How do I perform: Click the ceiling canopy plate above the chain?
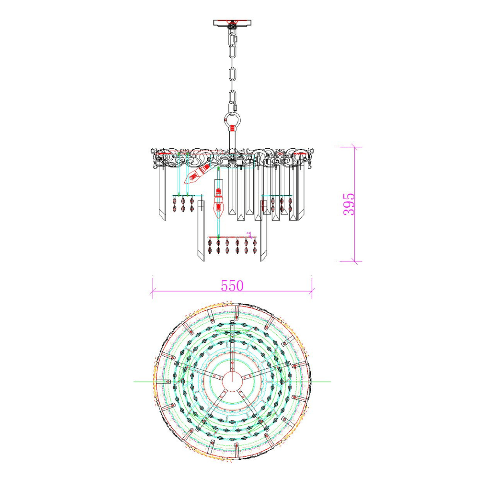click(232, 22)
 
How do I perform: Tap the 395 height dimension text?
click(349, 204)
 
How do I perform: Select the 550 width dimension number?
click(232, 285)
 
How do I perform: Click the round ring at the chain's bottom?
click(232, 119)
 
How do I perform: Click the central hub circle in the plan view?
click(232, 381)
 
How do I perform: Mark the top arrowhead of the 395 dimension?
click(354, 147)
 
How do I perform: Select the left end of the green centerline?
click(134, 381)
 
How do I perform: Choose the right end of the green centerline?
click(330, 381)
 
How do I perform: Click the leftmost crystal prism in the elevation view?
click(162, 192)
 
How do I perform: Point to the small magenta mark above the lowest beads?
click(249, 233)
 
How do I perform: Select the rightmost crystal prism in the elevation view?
click(301, 192)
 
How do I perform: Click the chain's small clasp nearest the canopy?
click(235, 39)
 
